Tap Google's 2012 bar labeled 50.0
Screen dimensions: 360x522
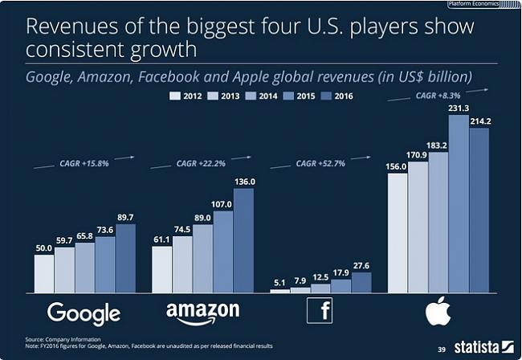click(44, 273)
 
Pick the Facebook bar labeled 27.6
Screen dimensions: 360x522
click(361, 282)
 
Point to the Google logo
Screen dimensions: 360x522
click(84, 313)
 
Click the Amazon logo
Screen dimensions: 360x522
click(202, 313)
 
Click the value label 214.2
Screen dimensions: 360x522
click(480, 121)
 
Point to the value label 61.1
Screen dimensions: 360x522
click(162, 239)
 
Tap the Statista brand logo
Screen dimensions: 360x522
click(481, 348)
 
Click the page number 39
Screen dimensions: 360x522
click(441, 350)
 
